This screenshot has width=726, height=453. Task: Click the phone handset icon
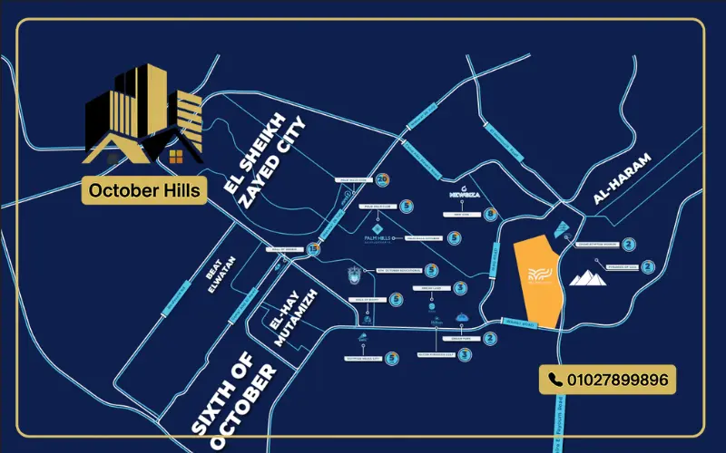pyautogui.click(x=554, y=380)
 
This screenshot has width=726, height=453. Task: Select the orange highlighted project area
pyautogui.click(x=536, y=282)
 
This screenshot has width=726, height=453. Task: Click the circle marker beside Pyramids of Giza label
pyautogui.click(x=647, y=266)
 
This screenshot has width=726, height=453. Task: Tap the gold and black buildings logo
pyautogui.click(x=143, y=118)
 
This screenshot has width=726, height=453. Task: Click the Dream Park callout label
pyautogui.click(x=458, y=339)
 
